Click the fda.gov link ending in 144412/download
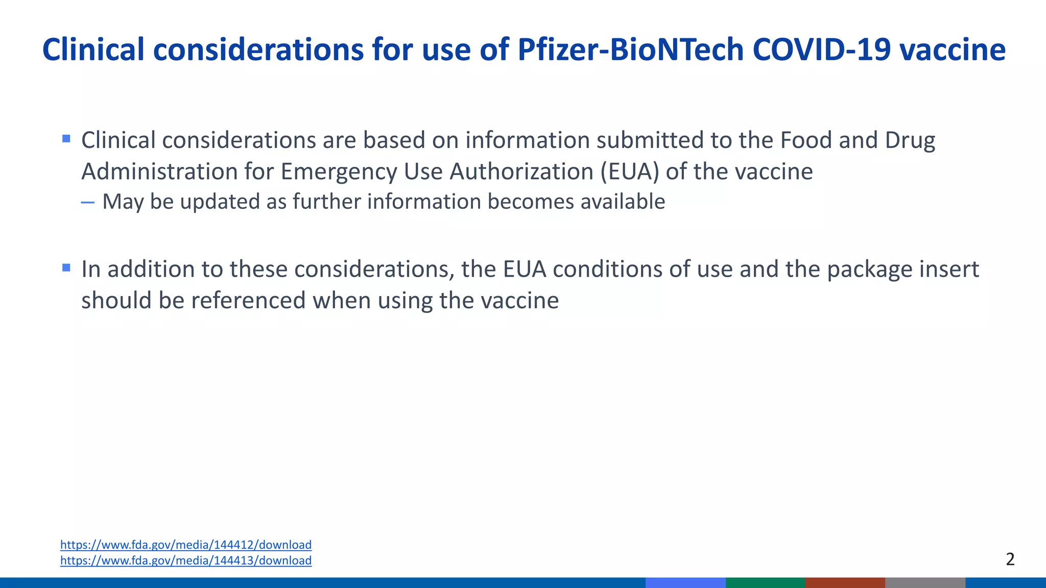pos(186,545)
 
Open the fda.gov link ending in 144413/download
pos(186,560)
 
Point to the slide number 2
pos(1010,559)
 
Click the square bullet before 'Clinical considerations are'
pos(66,139)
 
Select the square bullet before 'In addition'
pos(66,267)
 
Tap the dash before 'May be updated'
pos(88,203)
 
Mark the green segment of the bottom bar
pos(765,582)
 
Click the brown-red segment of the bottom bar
pos(845,582)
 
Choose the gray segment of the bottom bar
pos(925,582)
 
